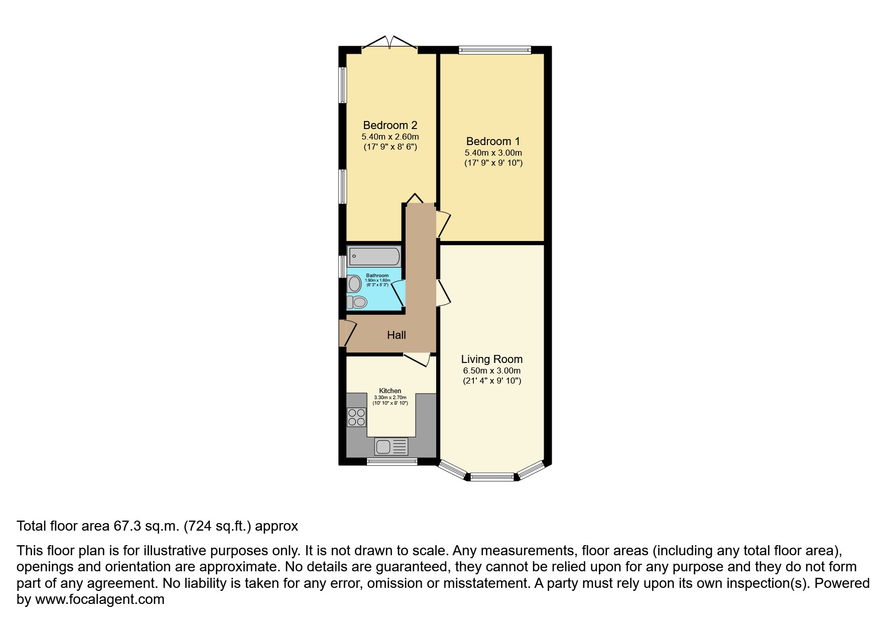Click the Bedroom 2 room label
pos(390,126)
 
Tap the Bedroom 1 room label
pos(493,142)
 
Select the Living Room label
pos(492,359)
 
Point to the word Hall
pos(397,335)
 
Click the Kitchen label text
pos(390,391)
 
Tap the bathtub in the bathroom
pos(374,257)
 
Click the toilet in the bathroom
pos(357,302)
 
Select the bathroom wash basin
pos(354,284)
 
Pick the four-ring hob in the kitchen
pos(356,417)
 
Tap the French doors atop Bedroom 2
pos(390,42)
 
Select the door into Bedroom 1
pos(443,224)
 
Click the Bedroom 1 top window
pos(495,50)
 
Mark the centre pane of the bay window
pos(492,476)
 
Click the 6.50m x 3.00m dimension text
pos(492,371)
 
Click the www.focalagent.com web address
pos(100,599)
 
